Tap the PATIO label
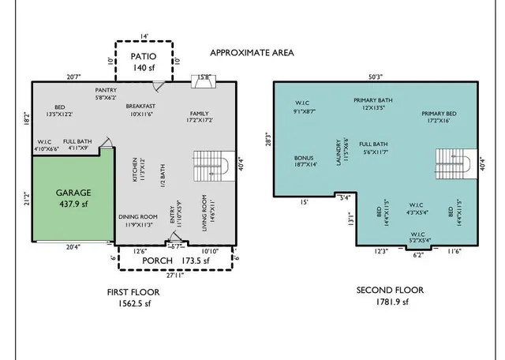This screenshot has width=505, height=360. pyautogui.click(x=144, y=57)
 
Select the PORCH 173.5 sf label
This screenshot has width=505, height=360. pyautogui.click(x=181, y=260)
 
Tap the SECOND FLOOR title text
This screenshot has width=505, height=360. pyautogui.click(x=389, y=291)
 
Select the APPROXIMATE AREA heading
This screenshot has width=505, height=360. pyautogui.click(x=252, y=53)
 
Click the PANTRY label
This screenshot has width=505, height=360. pyautogui.click(x=106, y=91)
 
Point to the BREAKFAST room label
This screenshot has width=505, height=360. pyautogui.click(x=140, y=107)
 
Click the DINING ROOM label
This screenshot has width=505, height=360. pyautogui.click(x=138, y=216)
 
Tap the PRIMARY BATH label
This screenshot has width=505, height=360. pyautogui.click(x=373, y=100)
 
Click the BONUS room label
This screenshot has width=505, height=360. pyautogui.click(x=305, y=158)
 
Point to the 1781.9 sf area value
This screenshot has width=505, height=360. pyautogui.click(x=389, y=302)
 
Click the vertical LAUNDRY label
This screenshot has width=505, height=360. pyautogui.click(x=339, y=152)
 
